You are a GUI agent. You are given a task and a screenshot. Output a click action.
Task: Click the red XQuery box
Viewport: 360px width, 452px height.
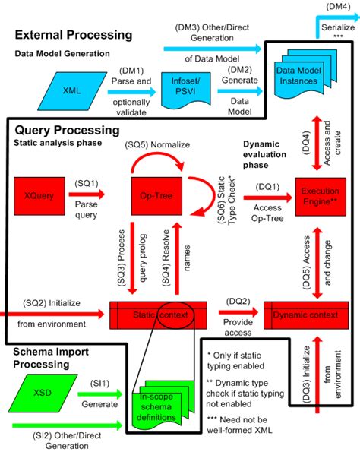click(x=39, y=194)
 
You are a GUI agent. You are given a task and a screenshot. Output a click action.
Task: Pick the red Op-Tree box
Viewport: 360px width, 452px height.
click(x=156, y=194)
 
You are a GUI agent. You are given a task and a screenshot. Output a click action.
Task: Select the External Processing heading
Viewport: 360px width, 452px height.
click(x=74, y=35)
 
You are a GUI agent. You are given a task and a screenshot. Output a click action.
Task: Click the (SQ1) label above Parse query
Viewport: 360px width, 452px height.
click(x=85, y=184)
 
